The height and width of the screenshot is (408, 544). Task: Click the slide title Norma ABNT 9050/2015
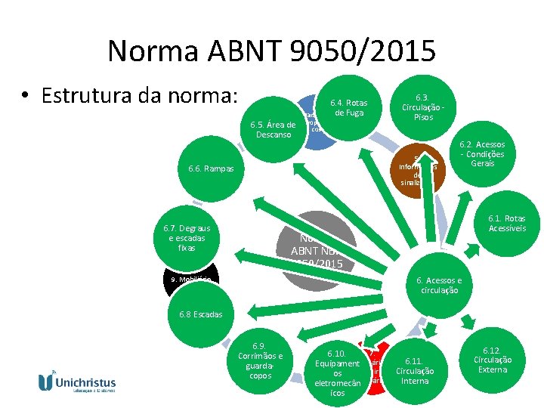coord(271,51)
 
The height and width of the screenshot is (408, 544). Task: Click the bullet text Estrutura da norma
coord(141,97)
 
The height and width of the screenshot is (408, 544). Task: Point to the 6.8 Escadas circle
coord(201,314)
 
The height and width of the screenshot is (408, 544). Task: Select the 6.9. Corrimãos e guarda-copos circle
coord(260,360)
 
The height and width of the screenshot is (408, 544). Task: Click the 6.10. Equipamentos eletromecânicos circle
coord(337,372)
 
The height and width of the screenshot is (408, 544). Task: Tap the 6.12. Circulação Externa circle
coord(492,360)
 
